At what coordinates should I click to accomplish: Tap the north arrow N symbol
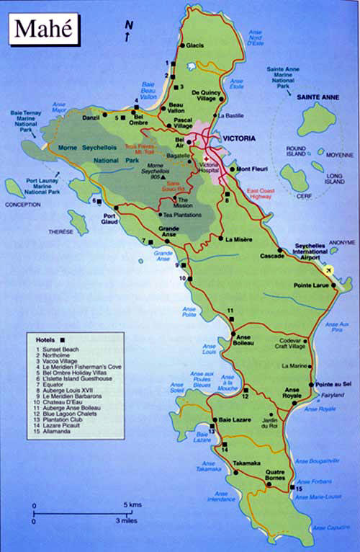click(x=128, y=27)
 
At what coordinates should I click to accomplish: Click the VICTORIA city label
click(x=240, y=138)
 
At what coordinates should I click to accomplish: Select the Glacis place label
click(x=194, y=45)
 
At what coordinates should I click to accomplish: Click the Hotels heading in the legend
click(x=45, y=339)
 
